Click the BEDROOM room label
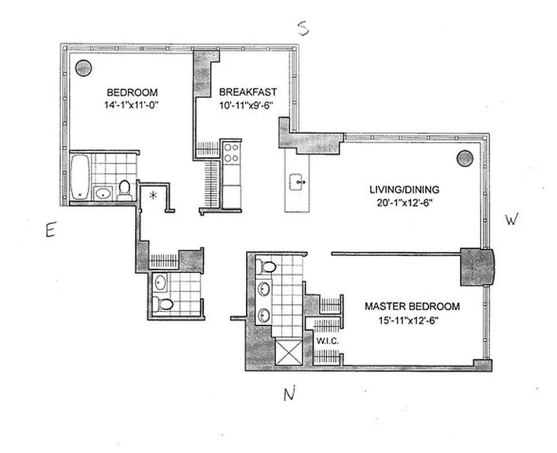click(132, 92)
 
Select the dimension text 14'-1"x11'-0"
click(132, 104)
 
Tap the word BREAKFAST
click(247, 92)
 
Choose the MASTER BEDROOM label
click(412, 306)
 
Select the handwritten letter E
click(50, 230)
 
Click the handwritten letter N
click(290, 394)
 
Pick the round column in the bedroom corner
click(84, 68)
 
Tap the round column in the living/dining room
click(465, 159)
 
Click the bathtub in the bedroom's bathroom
click(80, 177)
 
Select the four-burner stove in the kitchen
click(231, 153)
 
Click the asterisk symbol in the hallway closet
click(152, 196)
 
